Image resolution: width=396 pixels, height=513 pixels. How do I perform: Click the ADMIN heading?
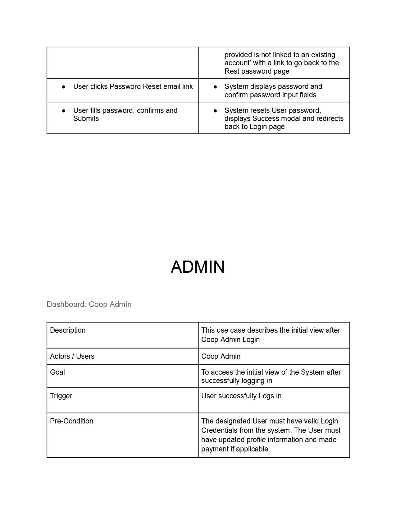(x=198, y=267)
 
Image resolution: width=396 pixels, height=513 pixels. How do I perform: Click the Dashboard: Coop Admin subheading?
(x=89, y=304)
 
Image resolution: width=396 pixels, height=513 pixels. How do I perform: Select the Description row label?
(x=68, y=330)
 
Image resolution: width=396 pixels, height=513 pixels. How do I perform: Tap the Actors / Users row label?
(x=72, y=356)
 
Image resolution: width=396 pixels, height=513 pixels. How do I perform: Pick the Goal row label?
(x=57, y=372)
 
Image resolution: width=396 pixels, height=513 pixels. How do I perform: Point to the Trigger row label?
(x=61, y=396)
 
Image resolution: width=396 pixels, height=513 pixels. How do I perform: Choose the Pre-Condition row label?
(x=72, y=421)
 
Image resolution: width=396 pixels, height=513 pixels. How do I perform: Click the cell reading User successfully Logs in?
(x=241, y=396)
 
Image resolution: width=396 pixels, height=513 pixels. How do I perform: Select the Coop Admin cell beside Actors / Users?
(x=221, y=356)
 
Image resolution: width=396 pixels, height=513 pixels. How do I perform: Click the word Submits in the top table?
(x=86, y=118)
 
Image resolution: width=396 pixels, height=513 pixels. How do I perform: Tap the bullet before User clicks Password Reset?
(x=64, y=87)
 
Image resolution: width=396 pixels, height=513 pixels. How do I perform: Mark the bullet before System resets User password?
(x=215, y=111)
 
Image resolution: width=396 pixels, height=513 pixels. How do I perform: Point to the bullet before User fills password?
(x=64, y=111)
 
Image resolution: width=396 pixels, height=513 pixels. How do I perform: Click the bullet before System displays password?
(x=215, y=87)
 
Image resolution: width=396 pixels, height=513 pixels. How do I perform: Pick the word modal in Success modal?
(x=290, y=118)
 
